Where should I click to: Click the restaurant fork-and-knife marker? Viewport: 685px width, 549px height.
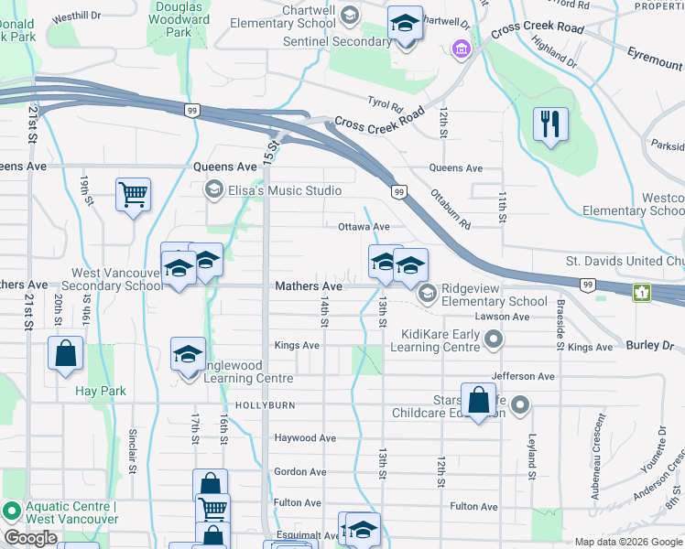click(x=550, y=124)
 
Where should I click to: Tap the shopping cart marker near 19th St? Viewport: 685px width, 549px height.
click(x=133, y=194)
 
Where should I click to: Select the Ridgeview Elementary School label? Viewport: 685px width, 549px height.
click(x=494, y=294)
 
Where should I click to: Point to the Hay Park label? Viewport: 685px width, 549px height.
click(x=101, y=391)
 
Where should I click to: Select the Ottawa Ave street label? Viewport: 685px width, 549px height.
click(x=364, y=226)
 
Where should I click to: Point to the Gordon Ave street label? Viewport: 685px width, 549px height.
click(x=299, y=472)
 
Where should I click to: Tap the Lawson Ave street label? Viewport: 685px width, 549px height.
click(x=508, y=317)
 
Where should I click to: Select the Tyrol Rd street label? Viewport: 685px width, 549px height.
click(x=386, y=107)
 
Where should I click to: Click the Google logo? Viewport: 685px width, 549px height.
click(x=30, y=538)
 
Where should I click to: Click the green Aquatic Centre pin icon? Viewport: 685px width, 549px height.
click(x=12, y=509)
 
